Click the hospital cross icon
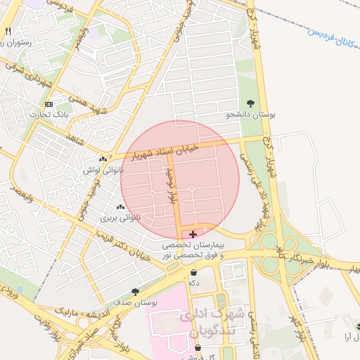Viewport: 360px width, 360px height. tap(193, 234)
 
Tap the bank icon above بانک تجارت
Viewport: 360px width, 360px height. tap(49, 104)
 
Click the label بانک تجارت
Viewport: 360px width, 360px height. tap(47, 115)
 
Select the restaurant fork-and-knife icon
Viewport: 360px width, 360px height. tap(8, 32)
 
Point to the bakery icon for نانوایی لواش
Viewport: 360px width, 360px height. tap(103, 160)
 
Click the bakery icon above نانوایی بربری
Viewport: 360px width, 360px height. tap(120, 207)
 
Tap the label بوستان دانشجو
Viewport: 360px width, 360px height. tap(252, 114)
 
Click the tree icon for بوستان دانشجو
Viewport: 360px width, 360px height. tap(252, 103)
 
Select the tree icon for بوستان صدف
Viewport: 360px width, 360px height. tap(134, 291)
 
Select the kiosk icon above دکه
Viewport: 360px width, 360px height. tap(193, 272)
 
